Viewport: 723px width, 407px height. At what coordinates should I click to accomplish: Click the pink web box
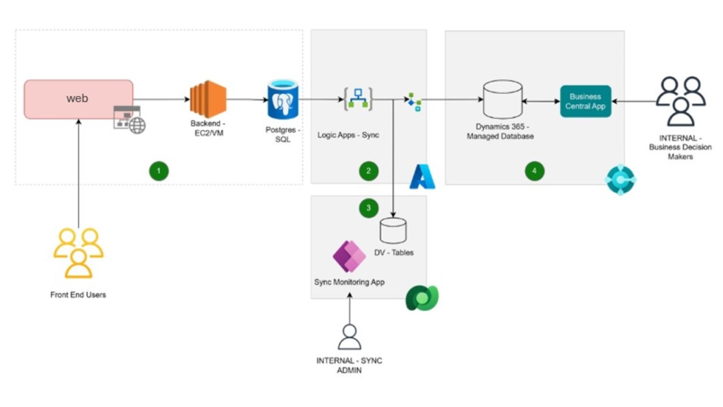78,99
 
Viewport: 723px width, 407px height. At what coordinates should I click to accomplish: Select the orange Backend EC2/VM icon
208,99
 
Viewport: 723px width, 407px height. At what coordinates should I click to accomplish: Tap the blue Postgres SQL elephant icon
282,100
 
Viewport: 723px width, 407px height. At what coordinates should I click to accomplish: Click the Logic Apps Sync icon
357,100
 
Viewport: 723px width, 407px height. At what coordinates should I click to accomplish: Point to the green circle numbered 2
368,170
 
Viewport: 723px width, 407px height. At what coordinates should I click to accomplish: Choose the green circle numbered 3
368,208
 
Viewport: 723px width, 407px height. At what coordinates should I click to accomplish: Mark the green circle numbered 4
534,170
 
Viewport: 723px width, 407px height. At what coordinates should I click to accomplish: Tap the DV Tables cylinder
393,230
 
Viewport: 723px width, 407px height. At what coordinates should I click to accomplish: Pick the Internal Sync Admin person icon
349,337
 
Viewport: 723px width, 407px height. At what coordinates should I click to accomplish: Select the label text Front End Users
78,295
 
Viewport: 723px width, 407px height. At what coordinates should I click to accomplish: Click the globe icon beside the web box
137,126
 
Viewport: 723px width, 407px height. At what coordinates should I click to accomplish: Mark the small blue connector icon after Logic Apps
414,102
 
